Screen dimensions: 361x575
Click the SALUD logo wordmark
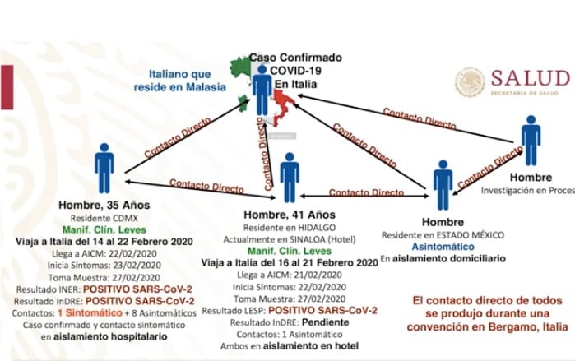pyautogui.click(x=530, y=78)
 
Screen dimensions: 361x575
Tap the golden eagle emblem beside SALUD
pyautogui.click(x=471, y=81)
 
